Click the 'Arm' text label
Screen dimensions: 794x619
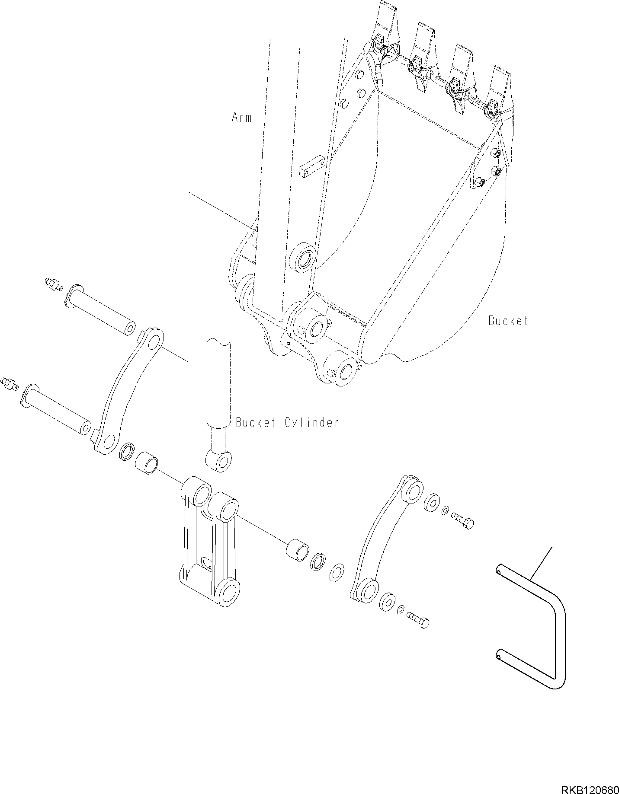click(x=241, y=117)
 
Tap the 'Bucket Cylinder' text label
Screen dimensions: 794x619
click(x=287, y=422)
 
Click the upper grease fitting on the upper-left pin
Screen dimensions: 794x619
click(x=53, y=284)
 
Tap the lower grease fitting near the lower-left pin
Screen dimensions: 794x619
click(x=9, y=383)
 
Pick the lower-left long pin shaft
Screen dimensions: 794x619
click(x=56, y=408)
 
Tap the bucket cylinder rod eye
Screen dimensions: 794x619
click(x=219, y=461)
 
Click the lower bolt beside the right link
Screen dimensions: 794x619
click(x=418, y=621)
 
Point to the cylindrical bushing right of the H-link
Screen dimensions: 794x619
click(x=298, y=549)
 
